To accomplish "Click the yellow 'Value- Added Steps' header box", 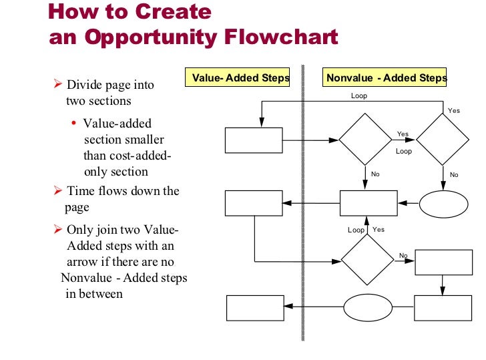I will coord(240,78).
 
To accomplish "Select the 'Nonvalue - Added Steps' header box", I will coord(387,78).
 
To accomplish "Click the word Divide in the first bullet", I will coord(83,85).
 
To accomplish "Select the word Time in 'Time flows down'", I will coord(79,191).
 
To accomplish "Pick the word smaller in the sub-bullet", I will coord(142,140).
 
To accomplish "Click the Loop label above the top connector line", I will coord(359,96).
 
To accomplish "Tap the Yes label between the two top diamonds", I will coord(403,134).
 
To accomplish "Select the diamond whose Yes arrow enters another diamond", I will coord(364,140).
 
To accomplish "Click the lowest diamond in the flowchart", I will coord(367,259).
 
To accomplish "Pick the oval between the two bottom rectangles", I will coord(367,308).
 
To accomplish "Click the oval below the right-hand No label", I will coord(443,204).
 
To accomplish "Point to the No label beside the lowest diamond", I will coord(403,256).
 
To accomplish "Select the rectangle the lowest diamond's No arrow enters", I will coord(443,262).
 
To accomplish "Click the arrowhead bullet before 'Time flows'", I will coord(57,191).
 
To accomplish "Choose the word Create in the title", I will coord(174,12).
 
